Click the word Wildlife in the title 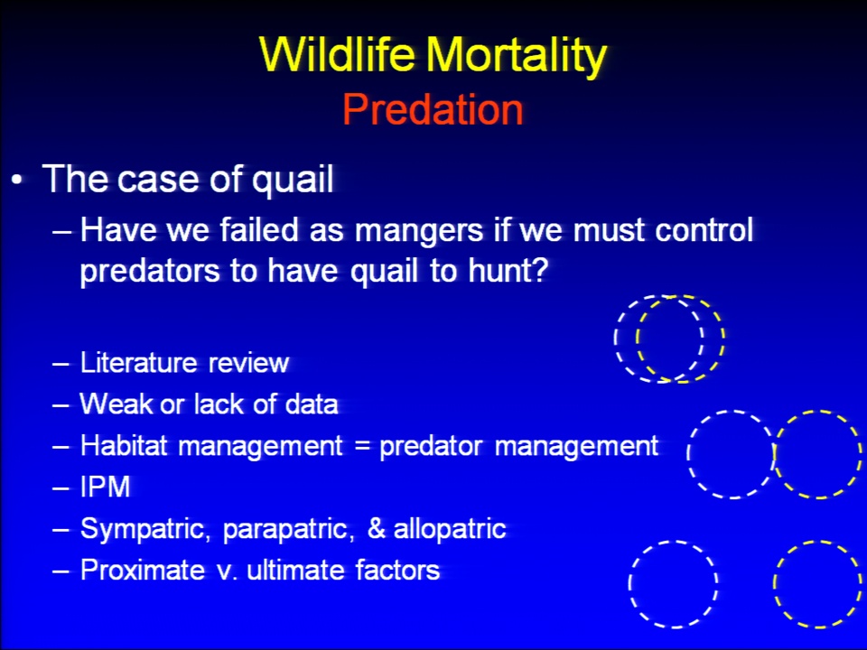(x=337, y=55)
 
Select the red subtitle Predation (x=433, y=109)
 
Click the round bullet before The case (x=18, y=181)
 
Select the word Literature (x=139, y=363)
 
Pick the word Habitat (x=124, y=445)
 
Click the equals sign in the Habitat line (x=361, y=446)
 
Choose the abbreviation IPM (x=105, y=487)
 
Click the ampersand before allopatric (x=376, y=529)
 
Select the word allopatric (x=450, y=530)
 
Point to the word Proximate (x=143, y=570)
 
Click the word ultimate (x=296, y=570)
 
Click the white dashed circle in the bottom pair (x=629, y=584)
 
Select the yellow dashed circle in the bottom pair (x=774, y=584)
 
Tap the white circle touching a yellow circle (x=688, y=454)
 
